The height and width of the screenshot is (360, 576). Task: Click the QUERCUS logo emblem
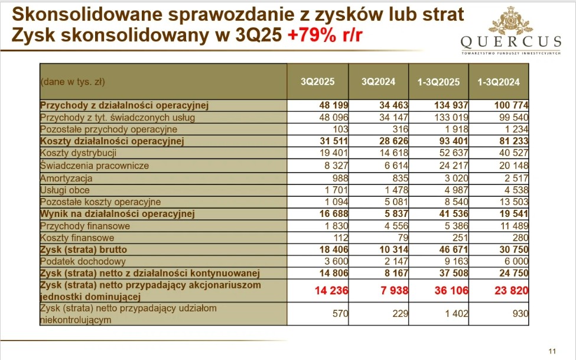point(511,21)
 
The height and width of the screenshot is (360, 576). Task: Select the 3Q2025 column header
point(317,82)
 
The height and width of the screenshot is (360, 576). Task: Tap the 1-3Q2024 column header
point(498,82)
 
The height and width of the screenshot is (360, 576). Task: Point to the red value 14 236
point(328,291)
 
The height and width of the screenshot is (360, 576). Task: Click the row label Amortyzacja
point(66,178)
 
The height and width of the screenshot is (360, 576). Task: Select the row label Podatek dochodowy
point(83,261)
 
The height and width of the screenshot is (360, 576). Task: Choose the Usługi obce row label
point(66,190)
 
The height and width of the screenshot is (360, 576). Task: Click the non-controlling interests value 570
point(340,314)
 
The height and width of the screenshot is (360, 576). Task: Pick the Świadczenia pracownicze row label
point(94,166)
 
